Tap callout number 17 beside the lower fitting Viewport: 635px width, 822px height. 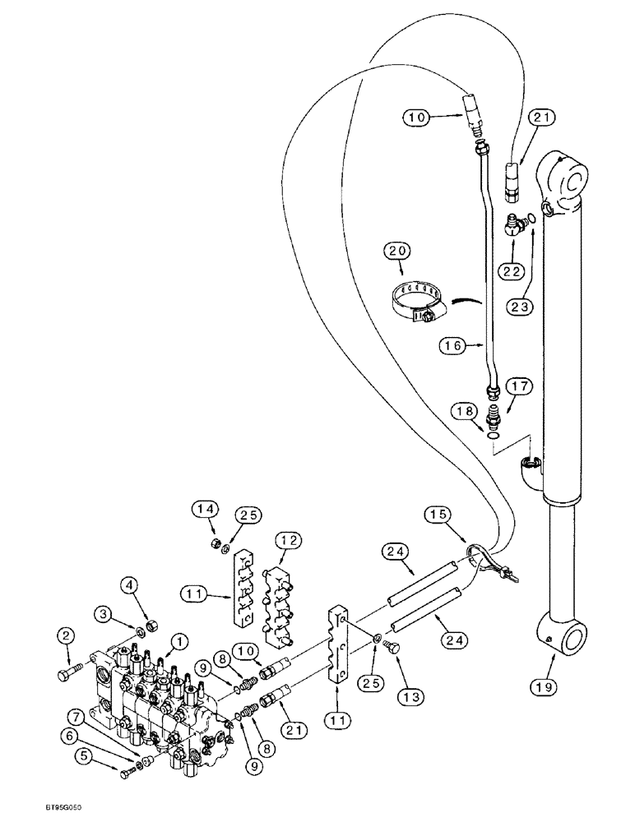click(x=520, y=386)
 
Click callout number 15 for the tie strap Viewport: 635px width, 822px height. click(x=438, y=516)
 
